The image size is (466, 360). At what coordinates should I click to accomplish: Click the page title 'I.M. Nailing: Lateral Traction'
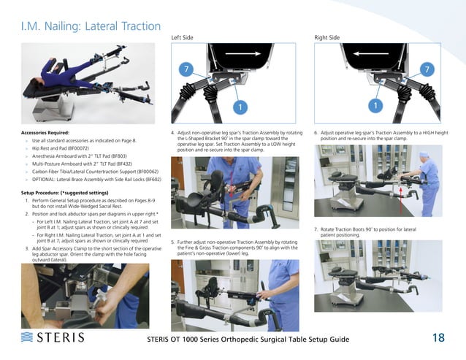coord(91,26)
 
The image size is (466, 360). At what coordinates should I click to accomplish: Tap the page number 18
coord(438,337)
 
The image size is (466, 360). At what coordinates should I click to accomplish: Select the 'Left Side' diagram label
coord(182,37)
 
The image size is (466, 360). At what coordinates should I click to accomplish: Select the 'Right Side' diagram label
coord(326,37)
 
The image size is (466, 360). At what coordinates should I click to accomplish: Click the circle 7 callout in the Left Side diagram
coord(188,69)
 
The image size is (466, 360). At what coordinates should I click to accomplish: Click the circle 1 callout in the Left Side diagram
coord(237,107)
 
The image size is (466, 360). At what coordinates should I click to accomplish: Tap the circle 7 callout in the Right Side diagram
coord(424,69)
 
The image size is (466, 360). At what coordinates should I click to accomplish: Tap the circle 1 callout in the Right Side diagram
coord(375,107)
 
